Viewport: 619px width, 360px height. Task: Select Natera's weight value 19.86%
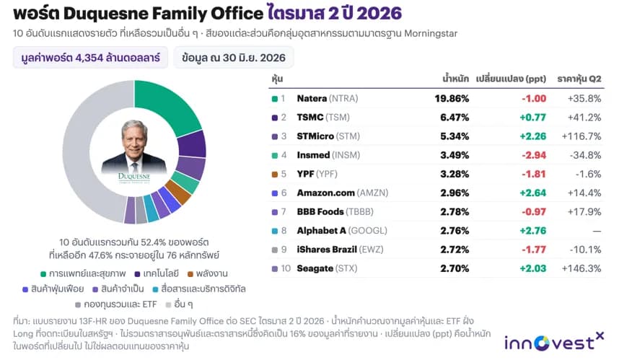point(452,98)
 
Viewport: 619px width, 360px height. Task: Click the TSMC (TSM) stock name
point(323,118)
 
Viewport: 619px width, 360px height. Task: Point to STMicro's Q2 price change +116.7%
point(581,136)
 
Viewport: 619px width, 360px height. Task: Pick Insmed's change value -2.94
point(534,155)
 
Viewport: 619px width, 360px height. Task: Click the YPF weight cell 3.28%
point(455,174)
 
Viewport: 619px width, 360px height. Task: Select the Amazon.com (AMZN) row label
point(342,193)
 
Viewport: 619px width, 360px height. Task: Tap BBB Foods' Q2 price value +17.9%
point(584,212)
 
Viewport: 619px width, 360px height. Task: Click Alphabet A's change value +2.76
point(532,231)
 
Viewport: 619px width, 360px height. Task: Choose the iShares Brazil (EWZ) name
point(340,250)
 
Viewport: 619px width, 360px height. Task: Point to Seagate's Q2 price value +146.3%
point(581,268)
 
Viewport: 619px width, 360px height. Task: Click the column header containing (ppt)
point(511,79)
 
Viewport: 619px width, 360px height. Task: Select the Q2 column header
point(579,79)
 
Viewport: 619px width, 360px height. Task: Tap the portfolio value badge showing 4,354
point(90,58)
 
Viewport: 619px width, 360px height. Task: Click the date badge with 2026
point(233,58)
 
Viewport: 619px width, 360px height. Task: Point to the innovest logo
point(554,342)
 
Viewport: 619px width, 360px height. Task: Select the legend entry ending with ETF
point(115,304)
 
